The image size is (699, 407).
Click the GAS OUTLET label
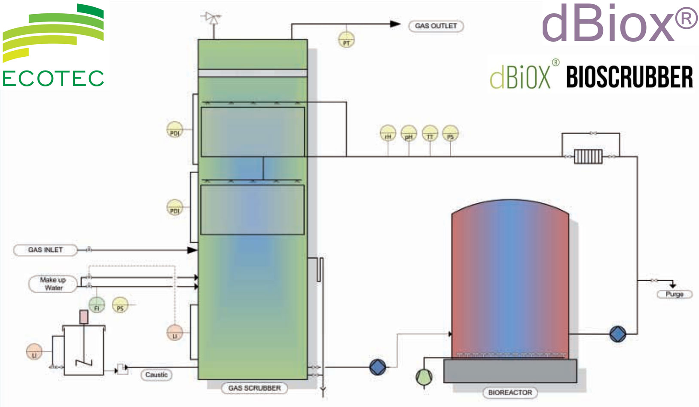(436, 26)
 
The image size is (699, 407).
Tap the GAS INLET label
(45, 250)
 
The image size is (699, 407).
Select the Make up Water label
(53, 284)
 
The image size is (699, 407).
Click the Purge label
(674, 294)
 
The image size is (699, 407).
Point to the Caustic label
(156, 375)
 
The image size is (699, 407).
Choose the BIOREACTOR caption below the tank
(510, 392)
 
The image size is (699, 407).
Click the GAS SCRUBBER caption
(254, 388)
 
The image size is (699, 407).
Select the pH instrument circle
(409, 134)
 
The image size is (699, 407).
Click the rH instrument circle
(388, 134)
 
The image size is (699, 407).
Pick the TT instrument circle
(430, 134)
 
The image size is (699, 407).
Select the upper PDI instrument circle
(174, 130)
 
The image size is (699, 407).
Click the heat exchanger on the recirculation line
(589, 156)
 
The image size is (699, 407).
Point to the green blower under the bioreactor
(424, 377)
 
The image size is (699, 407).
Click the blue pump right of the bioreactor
(618, 334)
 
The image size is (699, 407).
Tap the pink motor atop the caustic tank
(84, 317)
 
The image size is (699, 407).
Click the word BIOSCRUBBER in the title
(629, 77)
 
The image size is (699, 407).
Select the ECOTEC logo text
(53, 79)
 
